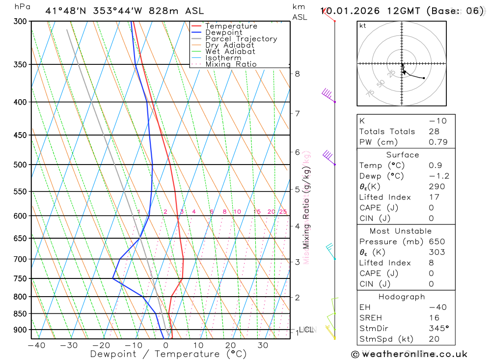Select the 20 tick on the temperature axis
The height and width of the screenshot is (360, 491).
point(230,345)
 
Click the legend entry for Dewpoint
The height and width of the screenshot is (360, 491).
point(223,32)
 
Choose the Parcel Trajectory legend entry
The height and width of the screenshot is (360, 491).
point(241,39)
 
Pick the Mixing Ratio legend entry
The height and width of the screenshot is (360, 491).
point(231,64)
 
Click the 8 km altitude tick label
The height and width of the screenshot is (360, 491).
point(298,74)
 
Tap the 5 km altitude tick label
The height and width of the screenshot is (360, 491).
point(298,189)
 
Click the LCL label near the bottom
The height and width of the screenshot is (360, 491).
point(306,329)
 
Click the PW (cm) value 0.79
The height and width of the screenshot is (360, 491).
point(438,142)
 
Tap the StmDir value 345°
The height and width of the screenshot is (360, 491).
point(439,329)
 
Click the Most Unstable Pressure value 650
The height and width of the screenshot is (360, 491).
point(436,242)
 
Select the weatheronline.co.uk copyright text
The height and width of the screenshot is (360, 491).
point(409,354)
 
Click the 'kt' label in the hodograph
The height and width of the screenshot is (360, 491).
point(363,26)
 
